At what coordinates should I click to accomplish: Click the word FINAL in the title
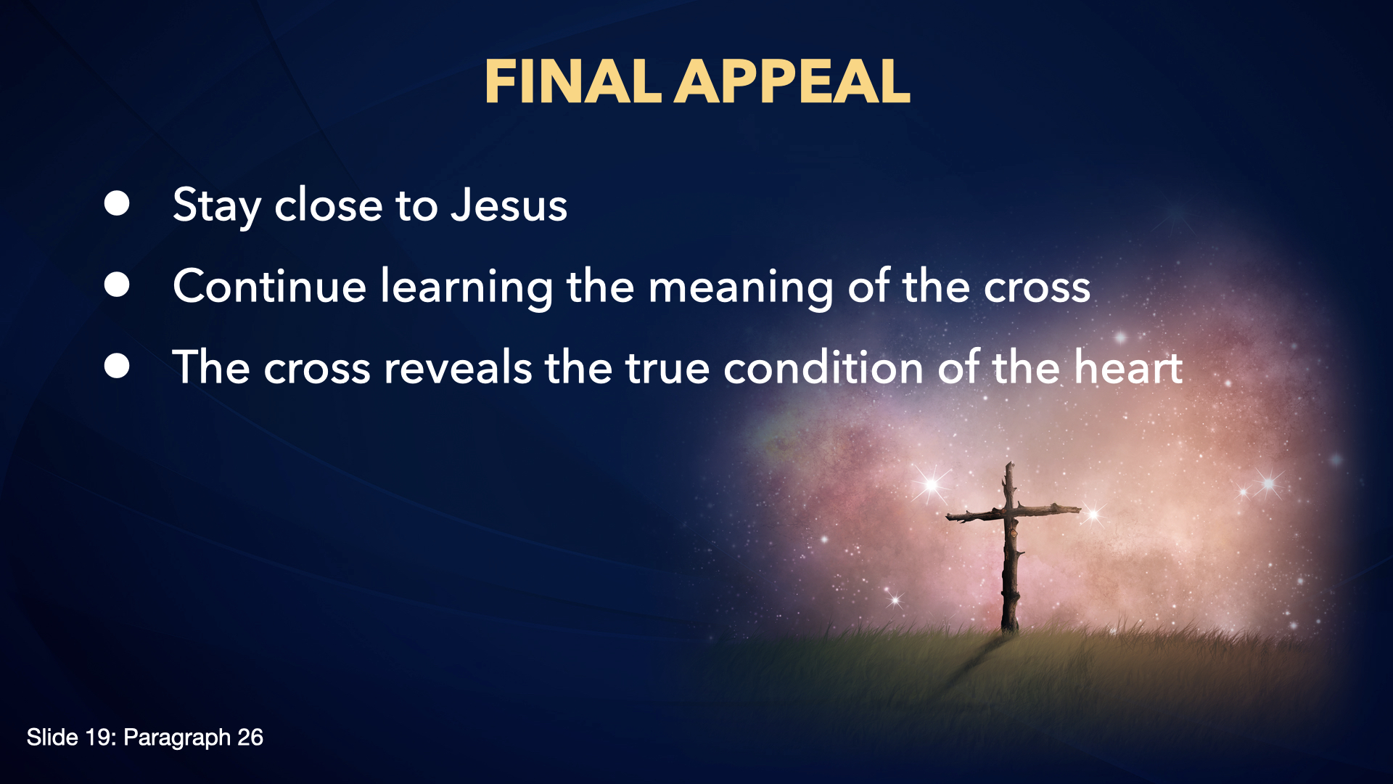(572, 81)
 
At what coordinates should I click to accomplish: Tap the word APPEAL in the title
(792, 81)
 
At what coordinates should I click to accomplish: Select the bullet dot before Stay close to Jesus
(117, 204)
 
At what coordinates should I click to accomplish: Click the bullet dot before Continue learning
(117, 285)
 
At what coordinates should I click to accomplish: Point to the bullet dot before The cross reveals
(117, 367)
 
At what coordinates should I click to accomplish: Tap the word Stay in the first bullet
(217, 207)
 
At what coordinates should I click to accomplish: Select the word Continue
(269, 286)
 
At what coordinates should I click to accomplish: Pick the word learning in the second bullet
(467, 289)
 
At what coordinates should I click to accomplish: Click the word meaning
(740, 289)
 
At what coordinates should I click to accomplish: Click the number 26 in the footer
(250, 738)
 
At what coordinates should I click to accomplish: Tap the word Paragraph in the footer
(177, 739)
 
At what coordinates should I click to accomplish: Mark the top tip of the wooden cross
(1008, 463)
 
